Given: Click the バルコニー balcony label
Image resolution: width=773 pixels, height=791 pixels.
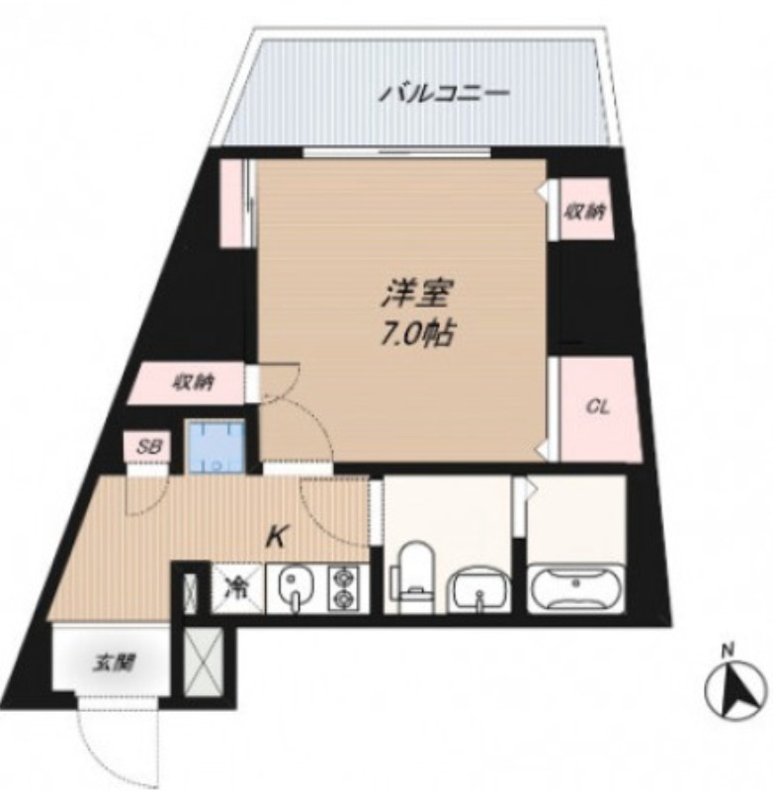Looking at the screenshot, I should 446,95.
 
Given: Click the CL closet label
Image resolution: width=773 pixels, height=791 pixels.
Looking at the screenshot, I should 597,407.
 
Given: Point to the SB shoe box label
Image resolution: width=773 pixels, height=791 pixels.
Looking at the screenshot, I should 148,448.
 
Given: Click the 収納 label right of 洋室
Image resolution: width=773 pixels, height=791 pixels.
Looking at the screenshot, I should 586,211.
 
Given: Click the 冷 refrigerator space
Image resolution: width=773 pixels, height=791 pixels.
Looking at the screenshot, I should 237,587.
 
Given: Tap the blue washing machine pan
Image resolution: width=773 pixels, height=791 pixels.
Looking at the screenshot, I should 218,447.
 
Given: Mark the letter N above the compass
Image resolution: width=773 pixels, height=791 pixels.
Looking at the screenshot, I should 727,650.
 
